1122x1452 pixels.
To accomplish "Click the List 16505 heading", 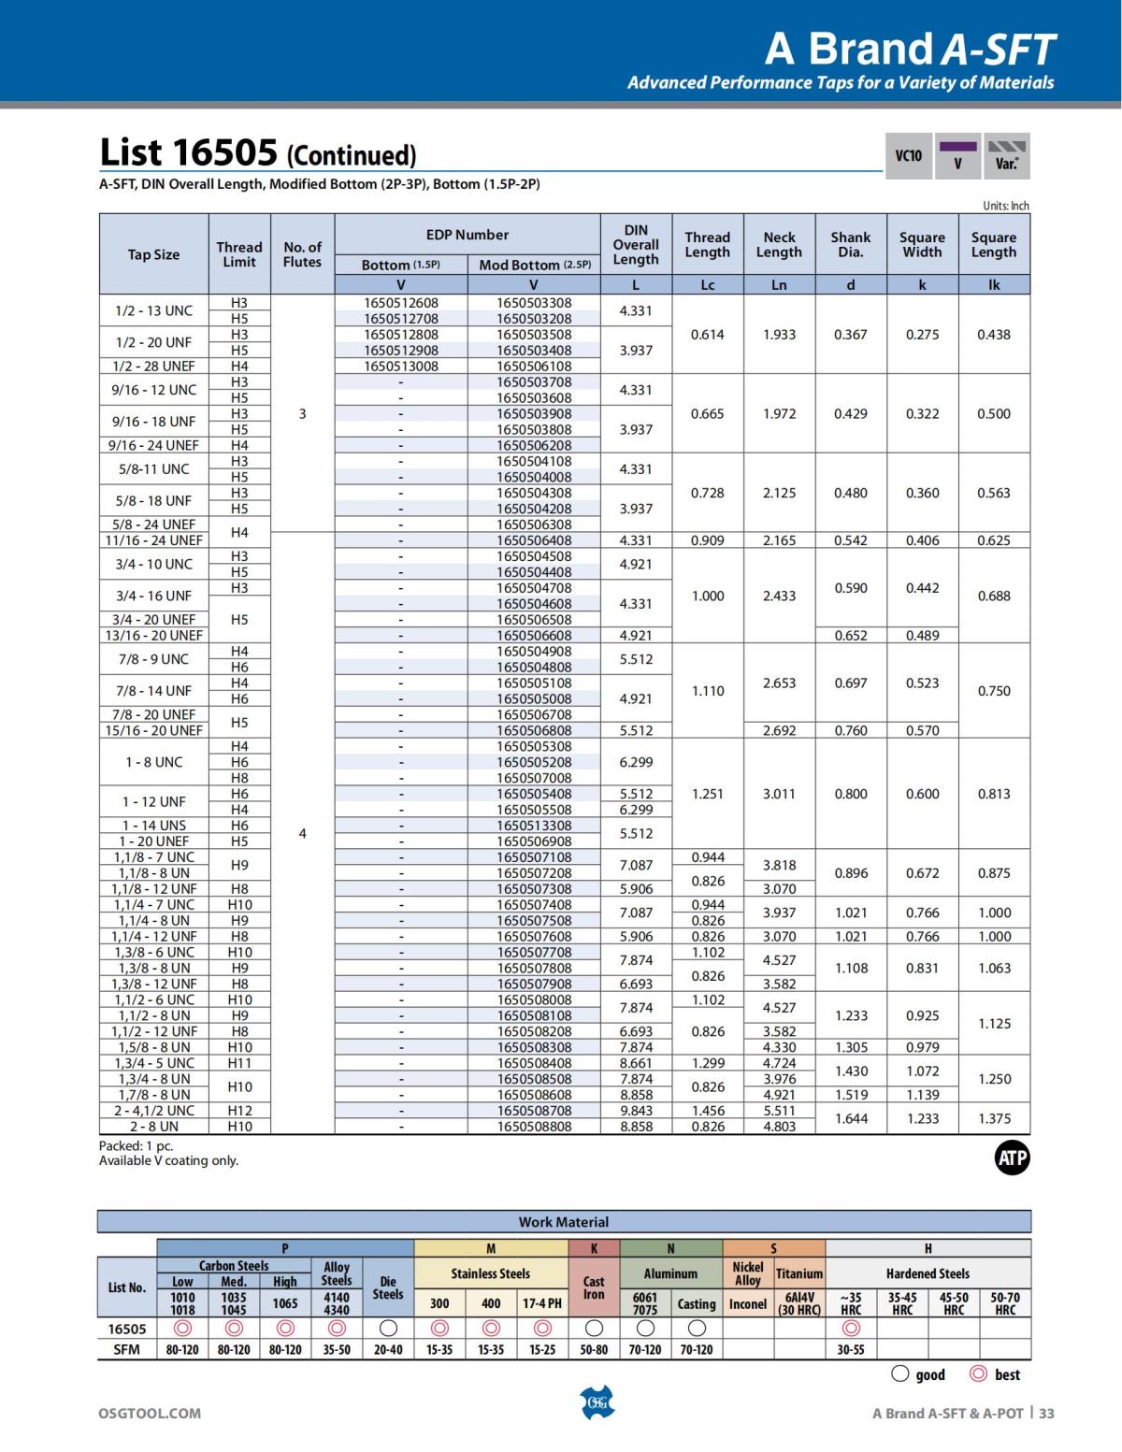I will [257, 152].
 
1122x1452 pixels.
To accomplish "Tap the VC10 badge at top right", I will [908, 155].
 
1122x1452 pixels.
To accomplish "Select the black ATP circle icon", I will [1012, 1158].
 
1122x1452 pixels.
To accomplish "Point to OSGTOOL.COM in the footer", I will [150, 1413].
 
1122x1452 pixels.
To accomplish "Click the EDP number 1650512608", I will [400, 303].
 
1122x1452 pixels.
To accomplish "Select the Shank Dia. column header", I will [850, 245].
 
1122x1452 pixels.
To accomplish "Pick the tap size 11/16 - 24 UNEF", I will [154, 540].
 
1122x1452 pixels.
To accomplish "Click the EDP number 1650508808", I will [533, 1127].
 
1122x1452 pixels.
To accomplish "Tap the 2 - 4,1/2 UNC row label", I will [154, 1111].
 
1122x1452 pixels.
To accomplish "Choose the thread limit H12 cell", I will [239, 1111].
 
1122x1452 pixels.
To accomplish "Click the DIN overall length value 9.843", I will [636, 1111].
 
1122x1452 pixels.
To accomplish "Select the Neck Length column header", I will [779, 245].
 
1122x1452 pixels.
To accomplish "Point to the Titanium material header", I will [799, 1273].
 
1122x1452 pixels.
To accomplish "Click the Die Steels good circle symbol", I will [388, 1329].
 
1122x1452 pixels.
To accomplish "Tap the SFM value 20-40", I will [388, 1350].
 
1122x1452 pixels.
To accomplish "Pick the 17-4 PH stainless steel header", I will [542, 1303].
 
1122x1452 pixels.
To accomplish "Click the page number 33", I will [1046, 1413].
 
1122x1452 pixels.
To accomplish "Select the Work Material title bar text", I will [563, 1222].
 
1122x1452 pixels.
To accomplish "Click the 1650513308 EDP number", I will [533, 826].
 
